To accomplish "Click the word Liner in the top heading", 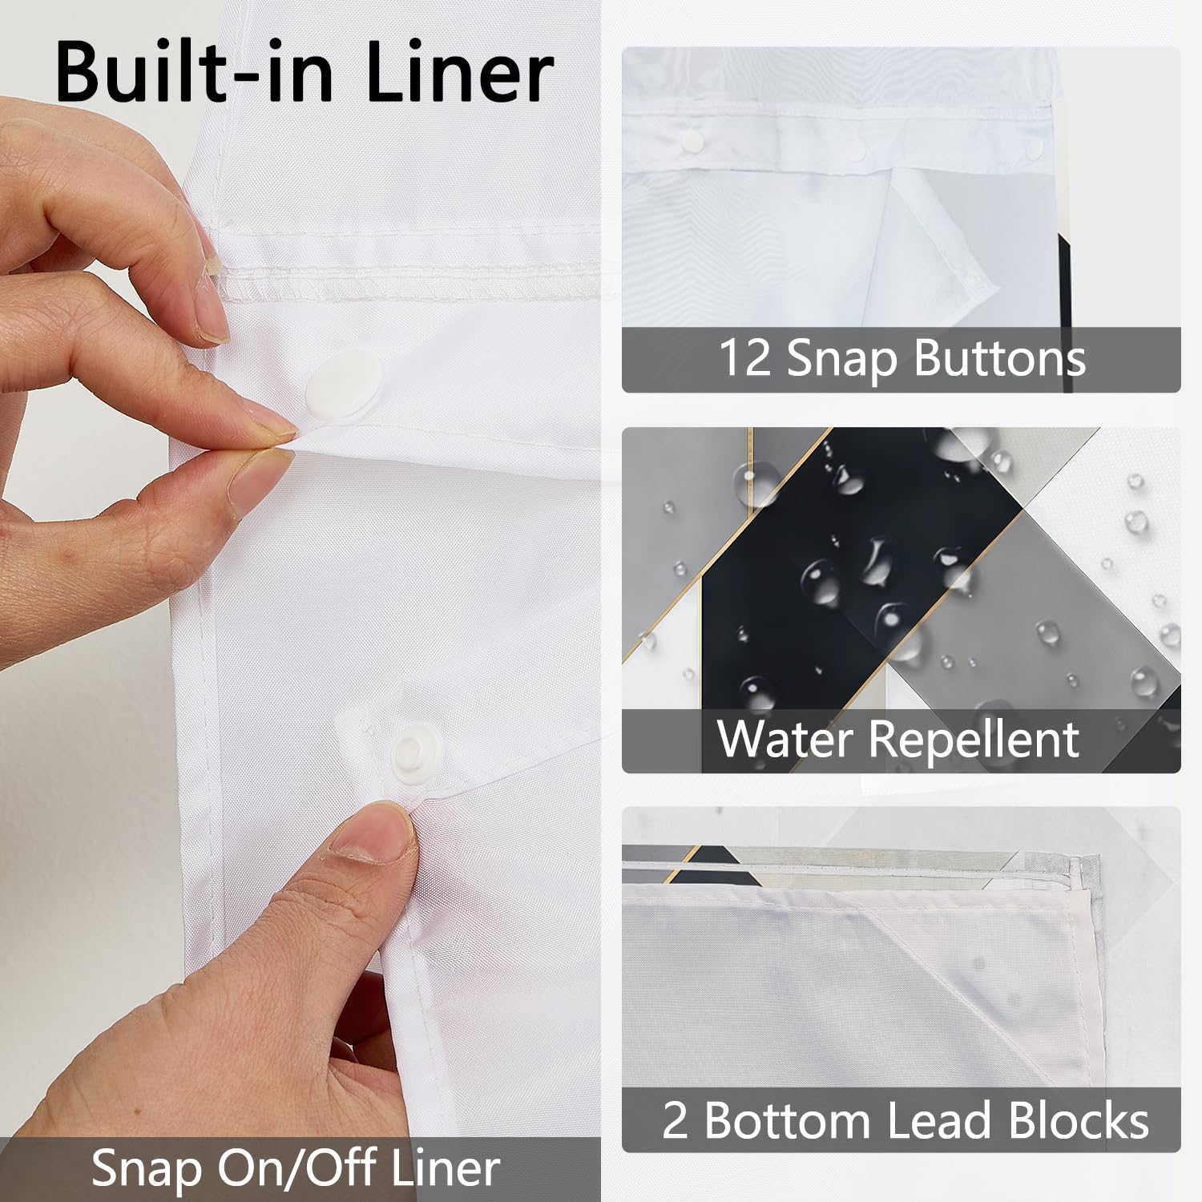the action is pos(458,71).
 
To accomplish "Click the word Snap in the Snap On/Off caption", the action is pos(147,1170).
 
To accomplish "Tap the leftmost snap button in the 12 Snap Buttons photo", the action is pos(691,142).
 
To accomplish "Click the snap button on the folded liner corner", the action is pos(973,280).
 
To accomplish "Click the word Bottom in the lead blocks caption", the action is pos(787,1119).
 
